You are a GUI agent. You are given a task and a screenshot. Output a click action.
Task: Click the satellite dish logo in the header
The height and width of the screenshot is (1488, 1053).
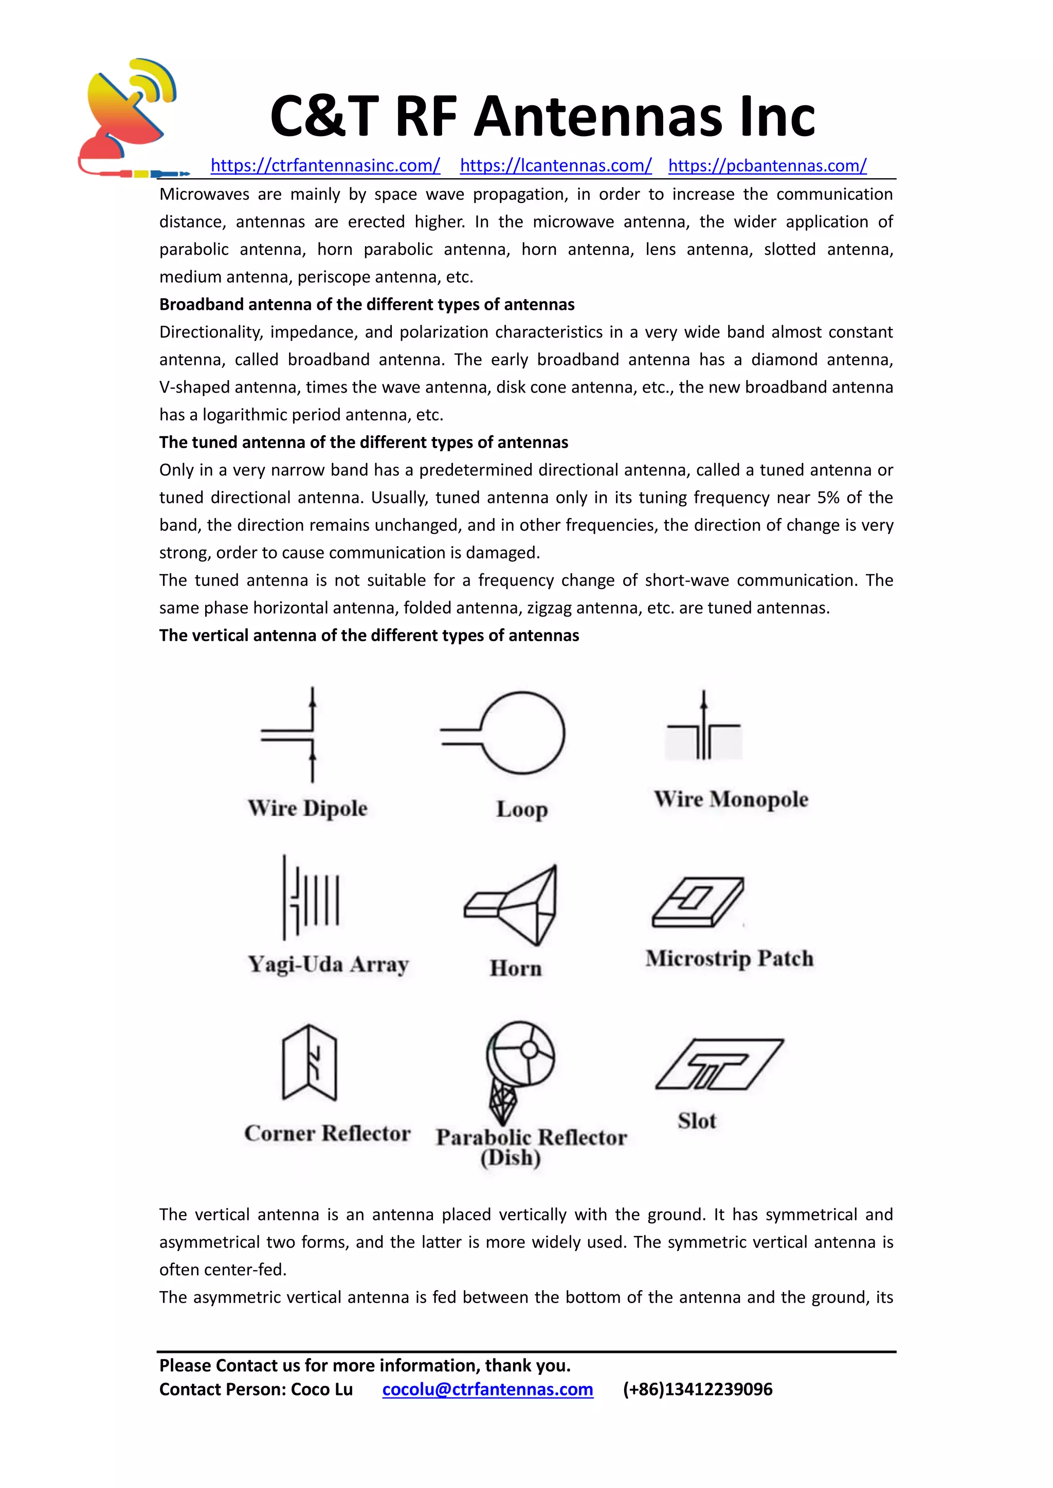[x=130, y=117]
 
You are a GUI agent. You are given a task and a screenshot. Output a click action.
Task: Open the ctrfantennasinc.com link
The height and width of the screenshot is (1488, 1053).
[x=325, y=166]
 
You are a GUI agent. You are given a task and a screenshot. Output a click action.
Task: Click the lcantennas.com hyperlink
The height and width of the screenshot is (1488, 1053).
[x=556, y=166]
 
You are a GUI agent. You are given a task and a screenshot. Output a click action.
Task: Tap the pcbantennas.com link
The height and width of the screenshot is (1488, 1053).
[x=767, y=166]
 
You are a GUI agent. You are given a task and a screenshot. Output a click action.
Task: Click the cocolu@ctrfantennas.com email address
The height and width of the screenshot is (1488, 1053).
[x=487, y=1389]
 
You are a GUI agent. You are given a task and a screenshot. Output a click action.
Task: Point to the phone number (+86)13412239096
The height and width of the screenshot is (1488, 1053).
[x=698, y=1389]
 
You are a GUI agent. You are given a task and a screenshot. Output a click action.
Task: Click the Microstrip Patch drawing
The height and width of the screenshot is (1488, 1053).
[x=699, y=902]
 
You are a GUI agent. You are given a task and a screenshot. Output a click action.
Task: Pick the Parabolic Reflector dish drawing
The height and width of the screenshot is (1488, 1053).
[x=519, y=1069]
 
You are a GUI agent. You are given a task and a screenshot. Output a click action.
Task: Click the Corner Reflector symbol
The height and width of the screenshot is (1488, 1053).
[x=310, y=1063]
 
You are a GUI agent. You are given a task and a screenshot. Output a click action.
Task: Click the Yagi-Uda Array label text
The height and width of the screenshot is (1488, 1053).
[x=328, y=964]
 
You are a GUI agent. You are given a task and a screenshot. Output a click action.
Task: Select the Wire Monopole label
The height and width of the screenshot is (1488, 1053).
[x=731, y=799]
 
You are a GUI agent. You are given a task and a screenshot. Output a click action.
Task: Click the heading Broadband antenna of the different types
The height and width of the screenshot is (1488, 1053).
[x=367, y=305]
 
